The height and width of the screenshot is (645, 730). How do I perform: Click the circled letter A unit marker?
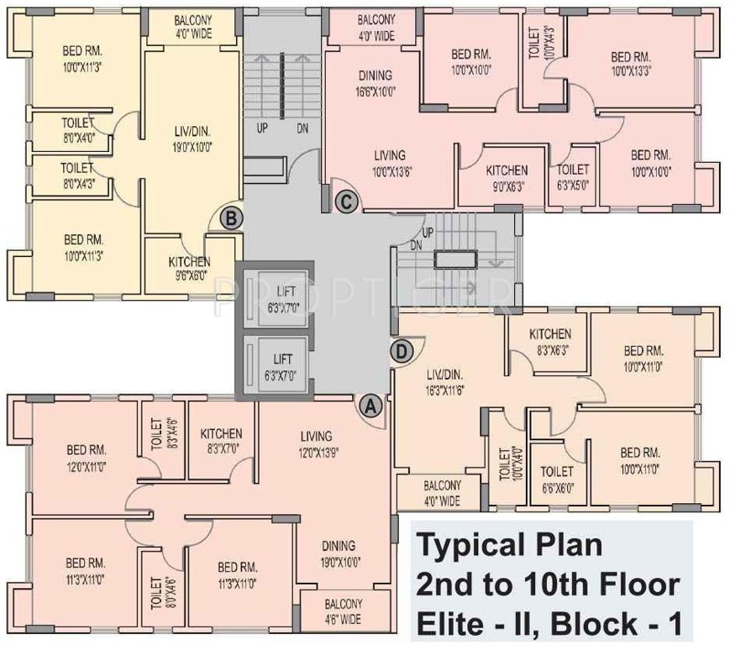point(370,405)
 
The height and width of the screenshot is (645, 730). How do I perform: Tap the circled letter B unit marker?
point(232,218)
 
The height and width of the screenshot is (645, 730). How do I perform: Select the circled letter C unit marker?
point(345,200)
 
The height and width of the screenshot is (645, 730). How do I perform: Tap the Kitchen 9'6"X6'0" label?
point(189,267)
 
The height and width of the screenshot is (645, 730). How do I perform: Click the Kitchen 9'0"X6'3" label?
point(507,176)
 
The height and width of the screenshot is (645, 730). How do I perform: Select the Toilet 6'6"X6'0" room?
point(558,478)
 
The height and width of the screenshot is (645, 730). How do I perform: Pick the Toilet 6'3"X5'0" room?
point(574,176)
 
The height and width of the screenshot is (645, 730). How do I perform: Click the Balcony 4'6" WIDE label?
point(339,611)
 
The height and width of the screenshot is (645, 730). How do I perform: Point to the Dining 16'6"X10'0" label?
point(375,82)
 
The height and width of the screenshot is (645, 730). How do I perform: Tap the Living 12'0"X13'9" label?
point(315,443)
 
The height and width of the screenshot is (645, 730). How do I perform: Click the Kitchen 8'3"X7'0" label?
point(221,441)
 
